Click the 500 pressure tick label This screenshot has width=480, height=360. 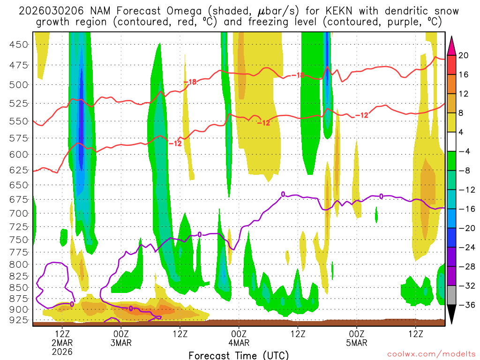19,85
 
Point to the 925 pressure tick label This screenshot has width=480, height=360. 19,320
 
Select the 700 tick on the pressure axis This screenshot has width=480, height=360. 19,213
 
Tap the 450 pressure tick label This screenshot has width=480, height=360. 19,45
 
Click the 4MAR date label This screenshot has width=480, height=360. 239,343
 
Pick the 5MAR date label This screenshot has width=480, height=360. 357,343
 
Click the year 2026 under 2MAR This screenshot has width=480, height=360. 63,351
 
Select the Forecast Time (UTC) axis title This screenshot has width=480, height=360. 239,355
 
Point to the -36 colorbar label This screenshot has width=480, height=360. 465,305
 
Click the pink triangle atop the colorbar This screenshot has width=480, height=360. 452,45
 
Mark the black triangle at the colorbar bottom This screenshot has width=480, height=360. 452,314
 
